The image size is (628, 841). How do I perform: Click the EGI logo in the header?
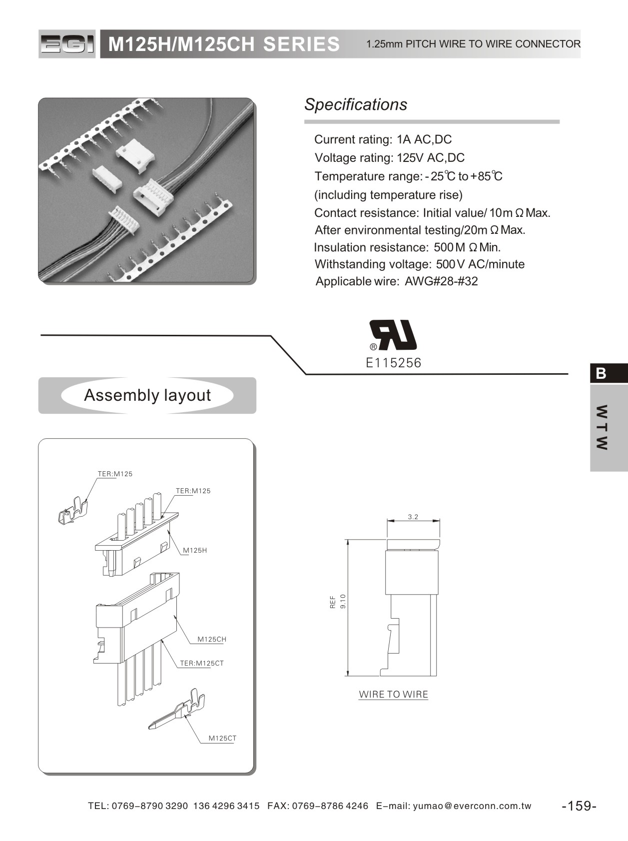(x=66, y=44)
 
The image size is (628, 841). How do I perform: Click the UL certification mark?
(x=393, y=335)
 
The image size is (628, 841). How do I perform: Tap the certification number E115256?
(x=394, y=363)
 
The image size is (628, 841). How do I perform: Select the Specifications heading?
(x=356, y=104)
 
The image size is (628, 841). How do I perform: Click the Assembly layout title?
(x=147, y=395)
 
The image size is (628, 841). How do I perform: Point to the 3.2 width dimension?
(x=413, y=517)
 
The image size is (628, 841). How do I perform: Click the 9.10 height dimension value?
(x=343, y=601)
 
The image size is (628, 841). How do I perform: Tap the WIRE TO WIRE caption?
(x=394, y=694)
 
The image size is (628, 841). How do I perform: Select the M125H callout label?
(x=195, y=550)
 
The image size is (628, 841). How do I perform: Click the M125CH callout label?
(x=212, y=639)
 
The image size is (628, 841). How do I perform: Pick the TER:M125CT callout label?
(x=202, y=663)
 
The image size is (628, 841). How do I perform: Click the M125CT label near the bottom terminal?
(x=222, y=738)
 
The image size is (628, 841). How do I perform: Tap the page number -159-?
(x=579, y=806)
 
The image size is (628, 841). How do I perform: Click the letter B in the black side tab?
(x=601, y=373)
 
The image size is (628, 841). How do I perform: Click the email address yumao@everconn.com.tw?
(x=472, y=806)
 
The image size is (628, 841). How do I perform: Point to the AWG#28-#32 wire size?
(x=441, y=281)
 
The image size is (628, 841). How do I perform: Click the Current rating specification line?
(x=383, y=139)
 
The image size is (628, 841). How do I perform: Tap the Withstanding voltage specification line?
(x=420, y=264)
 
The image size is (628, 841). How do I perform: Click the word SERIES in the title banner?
(x=301, y=44)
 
